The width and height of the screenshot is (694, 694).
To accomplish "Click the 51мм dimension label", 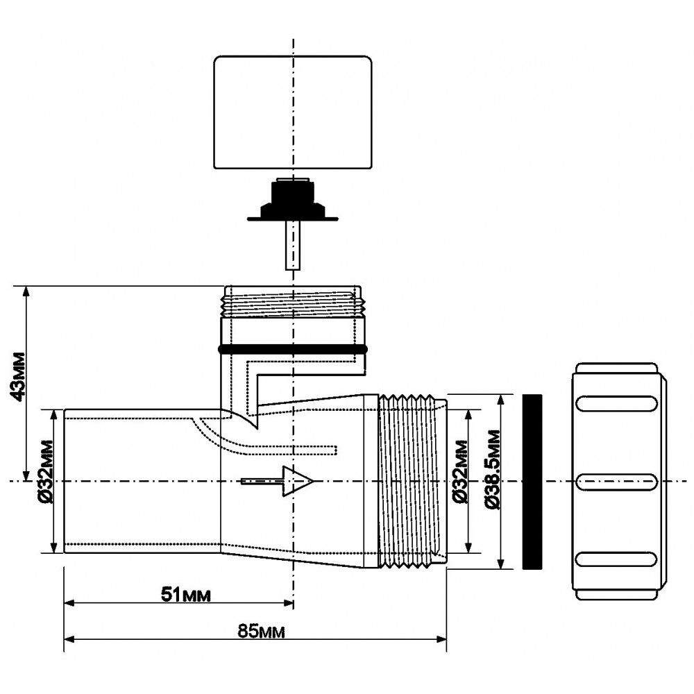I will [x=186, y=595].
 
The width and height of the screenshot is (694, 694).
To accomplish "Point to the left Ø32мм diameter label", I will [x=43, y=481].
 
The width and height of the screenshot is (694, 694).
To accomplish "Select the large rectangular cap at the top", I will [x=292, y=112].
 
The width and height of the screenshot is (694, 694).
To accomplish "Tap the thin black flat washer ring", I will [x=531, y=482].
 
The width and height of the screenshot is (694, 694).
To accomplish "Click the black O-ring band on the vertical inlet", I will [x=292, y=348].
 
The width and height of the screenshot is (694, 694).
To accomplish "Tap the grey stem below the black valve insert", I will [x=293, y=246].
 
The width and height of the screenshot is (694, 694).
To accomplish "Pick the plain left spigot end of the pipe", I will [x=139, y=480].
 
